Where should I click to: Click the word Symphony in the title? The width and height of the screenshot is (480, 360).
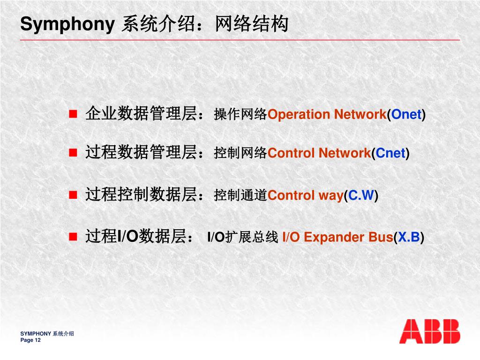[67, 24]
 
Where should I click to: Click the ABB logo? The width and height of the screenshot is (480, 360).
[429, 331]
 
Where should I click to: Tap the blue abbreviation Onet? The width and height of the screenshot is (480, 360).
[406, 114]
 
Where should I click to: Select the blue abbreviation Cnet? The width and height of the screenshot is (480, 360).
[390, 153]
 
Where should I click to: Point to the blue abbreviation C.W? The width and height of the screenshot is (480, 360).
[361, 195]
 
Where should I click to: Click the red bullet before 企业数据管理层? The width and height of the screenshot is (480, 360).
[73, 114]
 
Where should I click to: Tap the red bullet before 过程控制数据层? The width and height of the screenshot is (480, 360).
[73, 195]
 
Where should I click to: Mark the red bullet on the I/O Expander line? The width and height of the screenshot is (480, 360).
[73, 237]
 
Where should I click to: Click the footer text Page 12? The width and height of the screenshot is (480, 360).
[30, 340]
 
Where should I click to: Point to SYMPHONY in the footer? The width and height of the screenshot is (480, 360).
[36, 334]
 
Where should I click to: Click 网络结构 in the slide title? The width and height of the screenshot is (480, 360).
[251, 24]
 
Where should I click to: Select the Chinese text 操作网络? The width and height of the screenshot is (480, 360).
[240, 114]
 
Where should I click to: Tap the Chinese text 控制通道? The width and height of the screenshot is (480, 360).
[240, 195]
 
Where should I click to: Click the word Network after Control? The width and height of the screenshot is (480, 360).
[345, 153]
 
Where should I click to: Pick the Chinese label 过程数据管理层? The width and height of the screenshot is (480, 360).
[141, 152]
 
